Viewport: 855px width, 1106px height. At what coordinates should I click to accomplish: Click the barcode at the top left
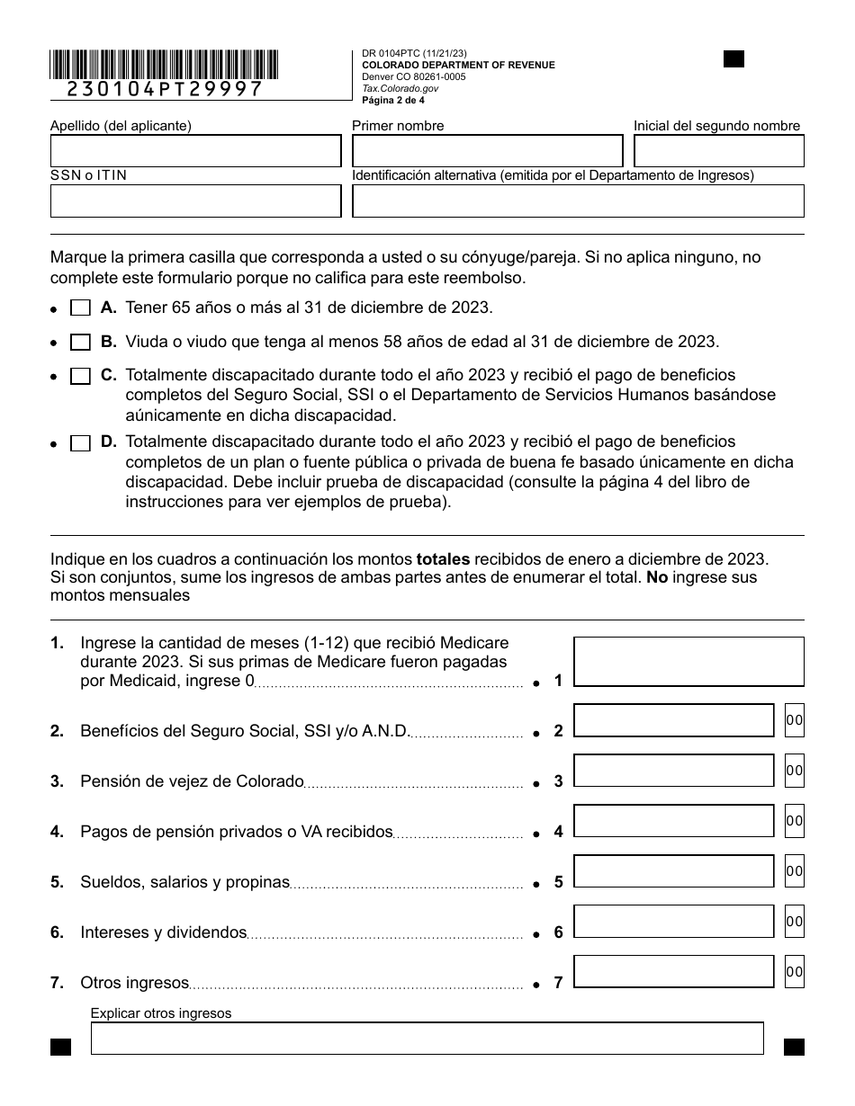(x=164, y=66)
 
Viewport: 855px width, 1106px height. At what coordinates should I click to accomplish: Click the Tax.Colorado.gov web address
(x=400, y=89)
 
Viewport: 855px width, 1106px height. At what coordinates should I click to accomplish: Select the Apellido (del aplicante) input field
(x=196, y=151)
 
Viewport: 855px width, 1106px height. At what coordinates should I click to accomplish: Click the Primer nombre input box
(x=487, y=151)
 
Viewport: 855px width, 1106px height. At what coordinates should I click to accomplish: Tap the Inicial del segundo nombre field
(x=718, y=151)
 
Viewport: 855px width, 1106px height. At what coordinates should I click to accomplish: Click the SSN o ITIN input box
(x=196, y=201)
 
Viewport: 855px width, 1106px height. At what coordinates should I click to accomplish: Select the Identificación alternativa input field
(x=578, y=201)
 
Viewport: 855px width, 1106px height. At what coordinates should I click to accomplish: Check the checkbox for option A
(x=80, y=308)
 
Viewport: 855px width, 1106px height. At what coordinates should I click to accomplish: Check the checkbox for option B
(x=80, y=343)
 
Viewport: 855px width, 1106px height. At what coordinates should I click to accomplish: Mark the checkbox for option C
(x=80, y=377)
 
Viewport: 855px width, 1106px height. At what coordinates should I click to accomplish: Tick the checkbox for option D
(x=80, y=443)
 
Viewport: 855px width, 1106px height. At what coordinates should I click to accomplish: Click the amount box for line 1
(x=688, y=662)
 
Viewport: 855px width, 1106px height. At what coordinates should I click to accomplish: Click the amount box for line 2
(x=673, y=720)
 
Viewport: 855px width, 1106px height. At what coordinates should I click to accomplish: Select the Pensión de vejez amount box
(x=673, y=771)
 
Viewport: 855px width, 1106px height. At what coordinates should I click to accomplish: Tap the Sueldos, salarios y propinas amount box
(x=673, y=871)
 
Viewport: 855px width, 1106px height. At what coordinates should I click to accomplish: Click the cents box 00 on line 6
(x=794, y=922)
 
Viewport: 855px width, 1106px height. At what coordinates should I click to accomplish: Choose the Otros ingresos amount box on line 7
(x=673, y=972)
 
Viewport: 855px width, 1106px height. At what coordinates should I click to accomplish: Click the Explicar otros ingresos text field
(x=427, y=1038)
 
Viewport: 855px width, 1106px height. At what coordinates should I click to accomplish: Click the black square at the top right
(x=734, y=59)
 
